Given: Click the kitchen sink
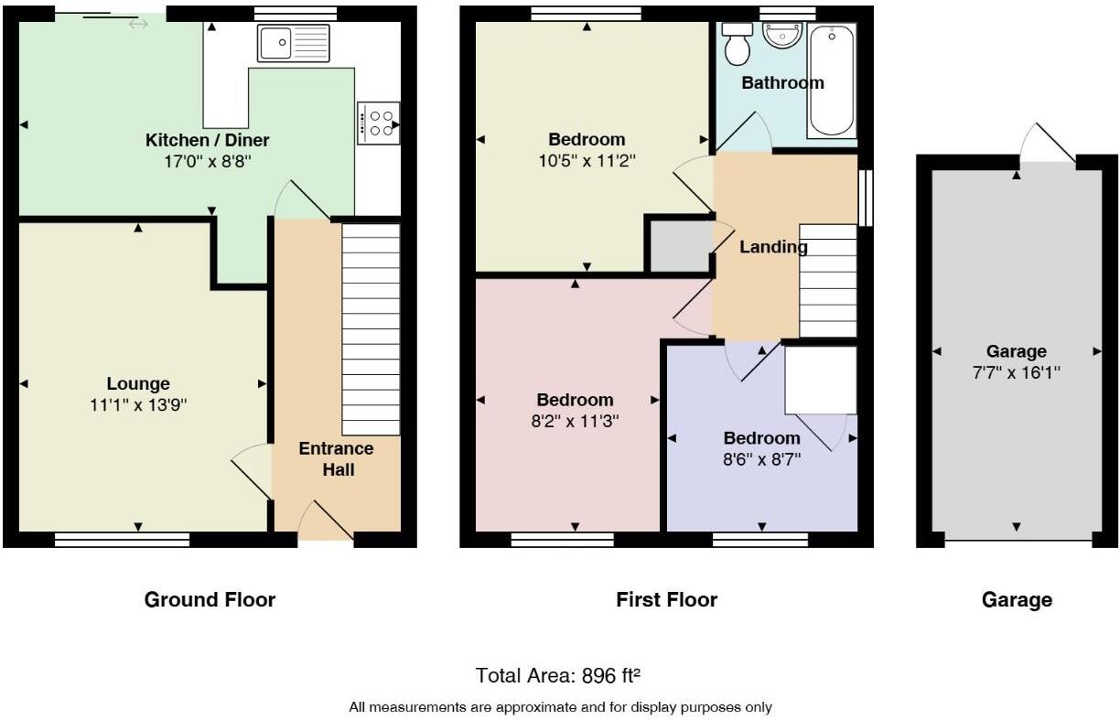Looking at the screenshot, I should (x=293, y=43).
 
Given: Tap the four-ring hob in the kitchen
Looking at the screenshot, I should (x=378, y=123).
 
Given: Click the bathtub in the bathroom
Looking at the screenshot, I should (x=832, y=81).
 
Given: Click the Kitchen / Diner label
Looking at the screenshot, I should (x=208, y=140).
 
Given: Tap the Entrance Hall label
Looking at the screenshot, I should (x=337, y=459).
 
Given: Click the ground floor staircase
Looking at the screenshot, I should (x=371, y=329).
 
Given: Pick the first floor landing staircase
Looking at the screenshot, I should (x=828, y=281).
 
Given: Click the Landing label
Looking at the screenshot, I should (x=773, y=247).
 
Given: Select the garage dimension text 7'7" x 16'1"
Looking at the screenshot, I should (x=1016, y=372).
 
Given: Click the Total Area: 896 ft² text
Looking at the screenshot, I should (x=557, y=676).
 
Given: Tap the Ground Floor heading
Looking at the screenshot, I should (x=210, y=600).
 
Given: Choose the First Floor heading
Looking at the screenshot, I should (x=666, y=600).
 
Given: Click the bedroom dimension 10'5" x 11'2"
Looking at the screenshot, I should (x=587, y=160).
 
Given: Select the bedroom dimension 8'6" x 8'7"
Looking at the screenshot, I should (x=762, y=458).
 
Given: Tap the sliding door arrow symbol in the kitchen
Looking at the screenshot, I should (x=138, y=24).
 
